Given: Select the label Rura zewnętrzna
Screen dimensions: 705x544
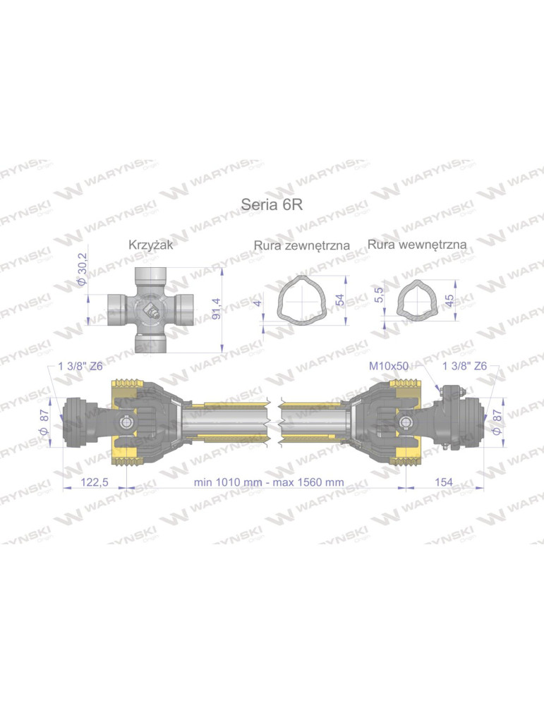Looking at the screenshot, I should [x=302, y=246].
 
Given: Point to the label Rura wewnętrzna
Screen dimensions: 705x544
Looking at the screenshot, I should [x=417, y=244].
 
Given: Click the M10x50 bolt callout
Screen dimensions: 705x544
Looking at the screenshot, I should [x=388, y=367].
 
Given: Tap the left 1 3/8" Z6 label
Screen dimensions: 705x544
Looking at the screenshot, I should [x=81, y=367].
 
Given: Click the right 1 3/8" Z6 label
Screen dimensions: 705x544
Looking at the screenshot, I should [x=463, y=367].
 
